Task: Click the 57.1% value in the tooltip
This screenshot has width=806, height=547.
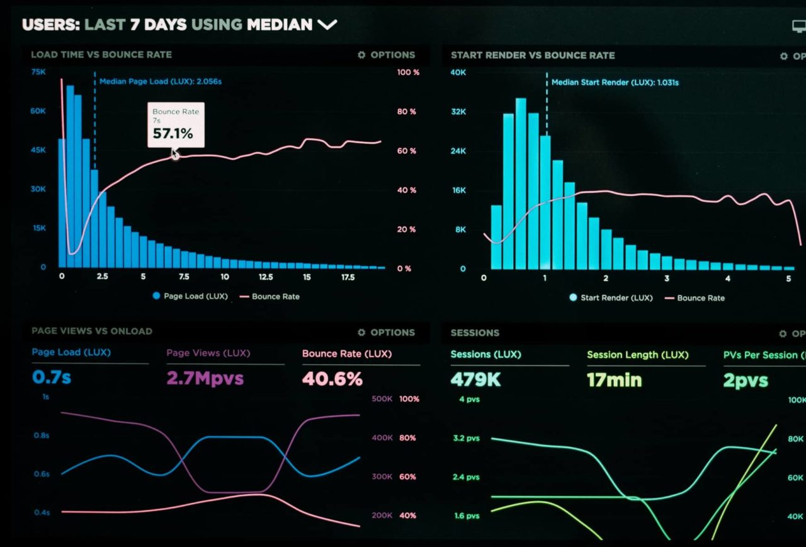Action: click(173, 134)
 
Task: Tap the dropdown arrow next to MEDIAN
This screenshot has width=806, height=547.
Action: click(327, 25)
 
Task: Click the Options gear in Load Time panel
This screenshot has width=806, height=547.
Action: click(361, 55)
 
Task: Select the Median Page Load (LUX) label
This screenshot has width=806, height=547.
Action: click(161, 81)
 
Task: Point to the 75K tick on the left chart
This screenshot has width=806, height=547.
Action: click(38, 72)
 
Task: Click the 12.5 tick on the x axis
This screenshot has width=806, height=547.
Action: click(266, 277)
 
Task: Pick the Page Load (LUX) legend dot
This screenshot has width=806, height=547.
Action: click(156, 296)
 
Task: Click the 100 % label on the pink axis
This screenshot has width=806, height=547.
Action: click(408, 72)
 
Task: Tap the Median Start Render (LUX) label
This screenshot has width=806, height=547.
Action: click(615, 83)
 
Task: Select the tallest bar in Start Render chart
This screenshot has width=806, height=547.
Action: click(521, 183)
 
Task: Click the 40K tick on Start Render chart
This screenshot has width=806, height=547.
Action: click(458, 72)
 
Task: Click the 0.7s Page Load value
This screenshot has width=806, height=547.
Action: click(52, 377)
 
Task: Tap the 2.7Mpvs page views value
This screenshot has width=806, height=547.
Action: click(205, 378)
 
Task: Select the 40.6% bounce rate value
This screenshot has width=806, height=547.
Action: click(332, 379)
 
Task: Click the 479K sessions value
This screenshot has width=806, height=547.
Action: click(475, 380)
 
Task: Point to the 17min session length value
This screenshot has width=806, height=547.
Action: click(614, 380)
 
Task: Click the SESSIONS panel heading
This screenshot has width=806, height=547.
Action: click(475, 333)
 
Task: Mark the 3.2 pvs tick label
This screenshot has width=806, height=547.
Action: click(466, 438)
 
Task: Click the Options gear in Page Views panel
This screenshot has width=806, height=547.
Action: click(361, 332)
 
